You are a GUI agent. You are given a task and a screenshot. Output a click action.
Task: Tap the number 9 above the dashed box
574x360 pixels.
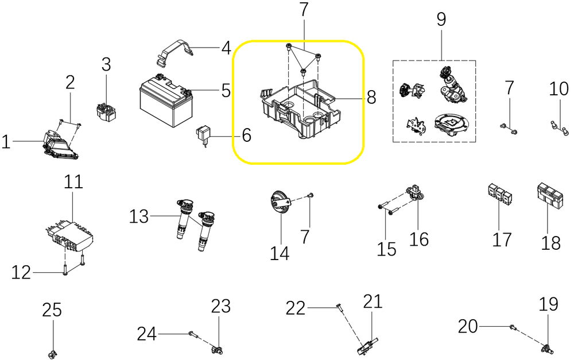tap(441, 19)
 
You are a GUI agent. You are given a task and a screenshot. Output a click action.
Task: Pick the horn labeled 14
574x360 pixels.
tap(280, 204)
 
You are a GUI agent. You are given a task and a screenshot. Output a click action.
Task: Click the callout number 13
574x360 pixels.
tap(138, 216)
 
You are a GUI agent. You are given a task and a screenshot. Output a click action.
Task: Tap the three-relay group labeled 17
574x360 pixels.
tap(499, 194)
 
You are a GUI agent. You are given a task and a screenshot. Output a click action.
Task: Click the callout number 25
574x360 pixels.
tap(51, 310)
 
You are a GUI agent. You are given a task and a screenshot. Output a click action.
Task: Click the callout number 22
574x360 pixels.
tap(296, 308)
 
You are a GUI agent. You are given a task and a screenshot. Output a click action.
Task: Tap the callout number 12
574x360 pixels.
tap(21, 273)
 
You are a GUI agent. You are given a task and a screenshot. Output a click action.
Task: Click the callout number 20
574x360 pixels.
tap(468, 326)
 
